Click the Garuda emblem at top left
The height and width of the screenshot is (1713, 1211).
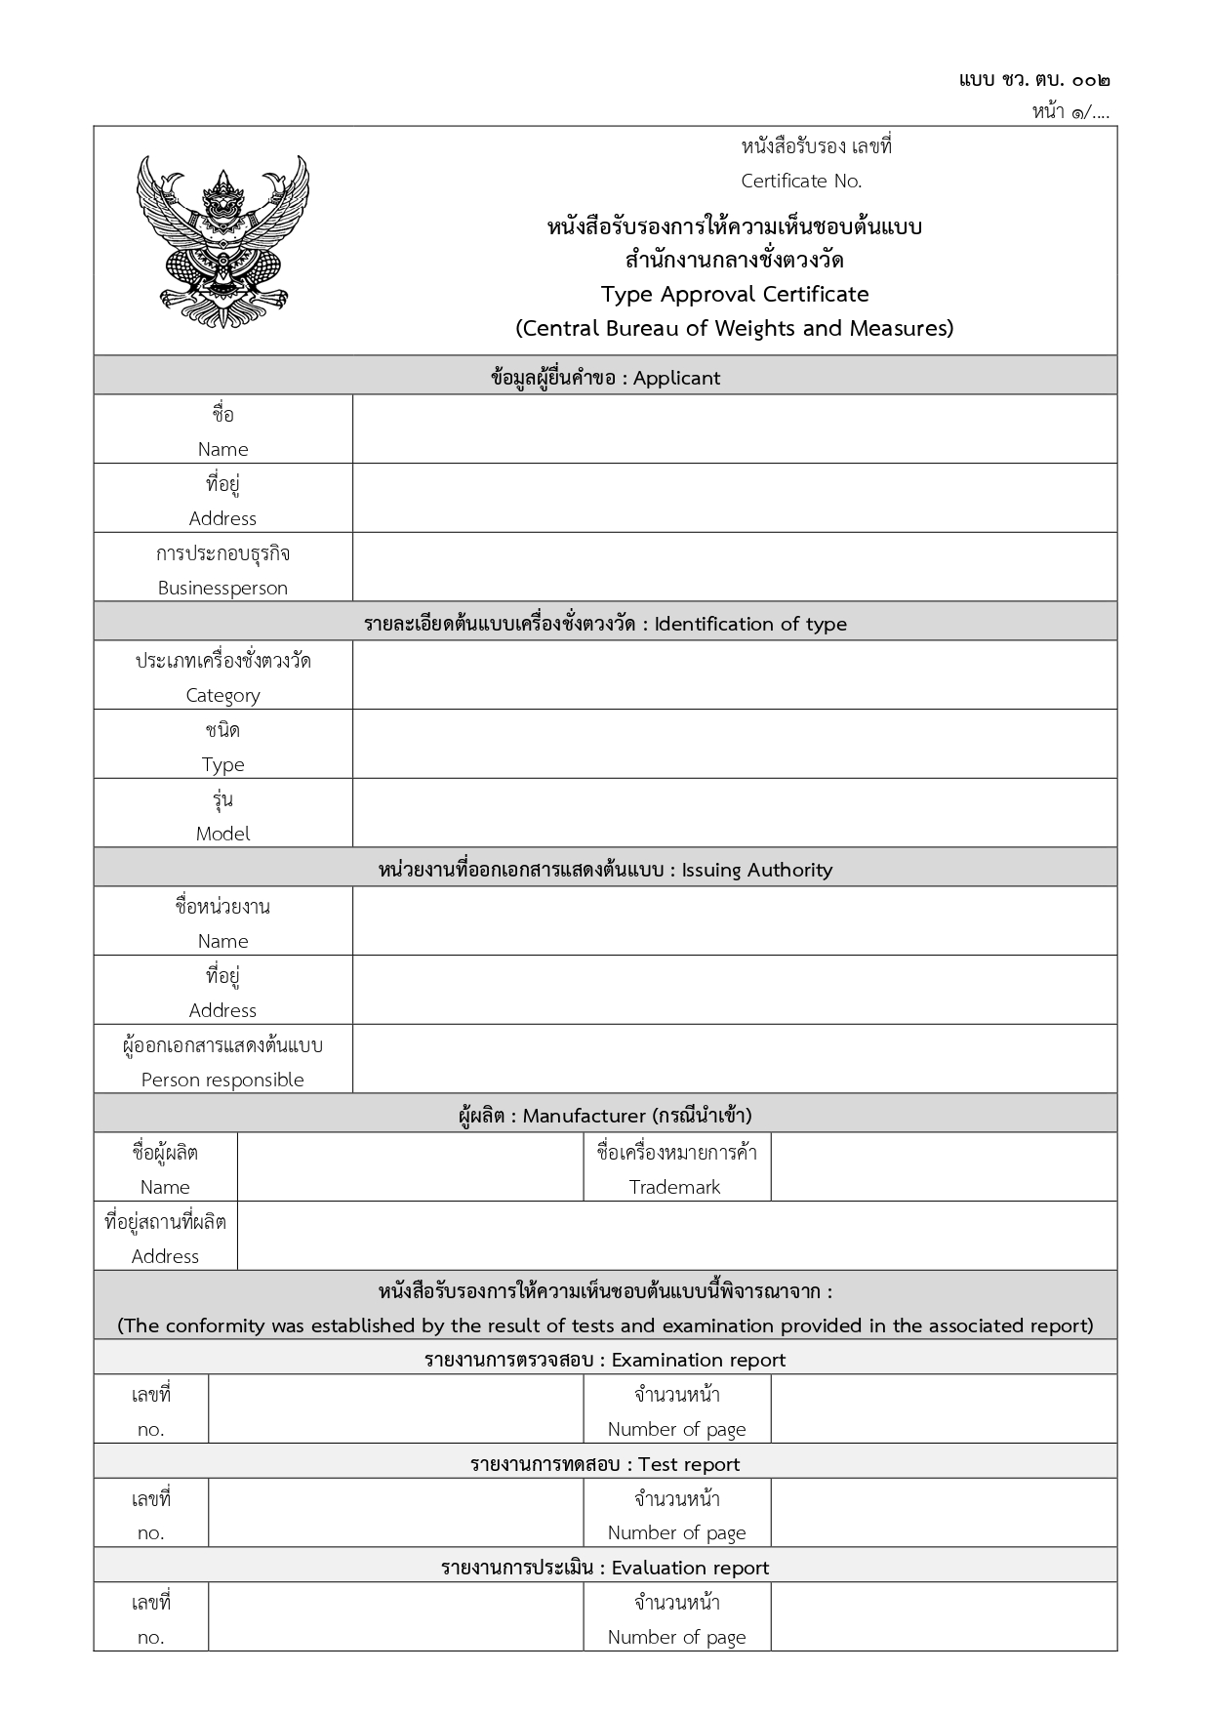click(222, 241)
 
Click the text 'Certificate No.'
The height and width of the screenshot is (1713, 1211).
click(801, 181)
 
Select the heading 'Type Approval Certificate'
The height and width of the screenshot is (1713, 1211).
click(735, 294)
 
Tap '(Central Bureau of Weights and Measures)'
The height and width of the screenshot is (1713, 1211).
click(735, 328)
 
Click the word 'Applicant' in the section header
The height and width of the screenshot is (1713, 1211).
click(676, 378)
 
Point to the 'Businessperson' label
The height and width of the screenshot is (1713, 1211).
click(222, 588)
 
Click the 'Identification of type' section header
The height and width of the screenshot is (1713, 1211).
click(750, 624)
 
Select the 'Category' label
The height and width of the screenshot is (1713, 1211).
click(222, 695)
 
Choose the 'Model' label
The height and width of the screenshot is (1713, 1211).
click(222, 834)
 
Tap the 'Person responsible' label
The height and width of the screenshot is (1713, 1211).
click(222, 1080)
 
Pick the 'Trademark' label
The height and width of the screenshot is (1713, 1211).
click(675, 1187)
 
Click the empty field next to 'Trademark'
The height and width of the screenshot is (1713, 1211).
click(943, 1167)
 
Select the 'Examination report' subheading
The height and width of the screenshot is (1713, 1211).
click(699, 1360)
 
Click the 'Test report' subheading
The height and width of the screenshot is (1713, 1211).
click(689, 1464)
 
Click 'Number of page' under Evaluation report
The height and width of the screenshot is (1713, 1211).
click(676, 1637)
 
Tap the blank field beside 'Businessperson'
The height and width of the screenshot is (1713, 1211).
click(734, 567)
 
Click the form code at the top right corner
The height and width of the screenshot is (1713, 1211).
click(1034, 80)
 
